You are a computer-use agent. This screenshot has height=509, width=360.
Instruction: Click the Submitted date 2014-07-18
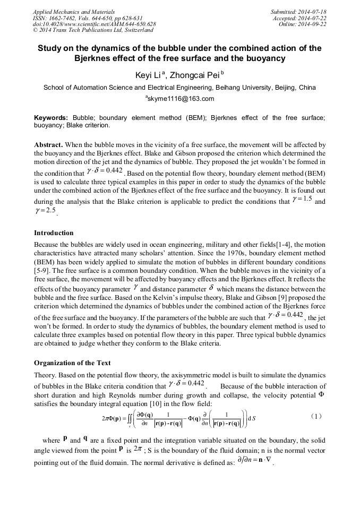click(298, 11)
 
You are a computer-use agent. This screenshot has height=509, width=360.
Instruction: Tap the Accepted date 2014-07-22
click(300, 18)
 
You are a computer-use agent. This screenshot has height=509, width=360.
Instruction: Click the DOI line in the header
click(94, 24)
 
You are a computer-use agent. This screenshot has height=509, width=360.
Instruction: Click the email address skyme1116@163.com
click(180, 99)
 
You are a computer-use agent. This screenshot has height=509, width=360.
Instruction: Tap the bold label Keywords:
click(51, 118)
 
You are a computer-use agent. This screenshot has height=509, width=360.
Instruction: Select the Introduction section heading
click(54, 233)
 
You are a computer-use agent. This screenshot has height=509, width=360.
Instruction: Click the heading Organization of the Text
click(72, 363)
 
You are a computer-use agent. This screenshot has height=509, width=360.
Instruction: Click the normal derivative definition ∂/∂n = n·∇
click(254, 462)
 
